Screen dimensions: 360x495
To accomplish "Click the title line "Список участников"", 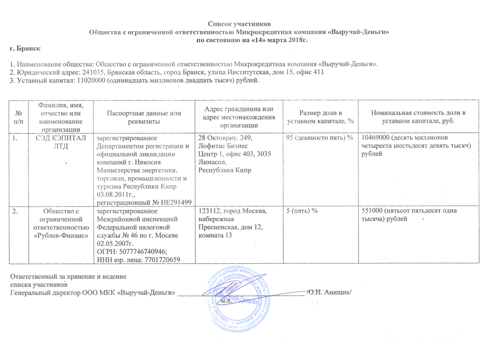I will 240,24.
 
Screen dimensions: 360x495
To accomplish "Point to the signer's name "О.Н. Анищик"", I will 330,292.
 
